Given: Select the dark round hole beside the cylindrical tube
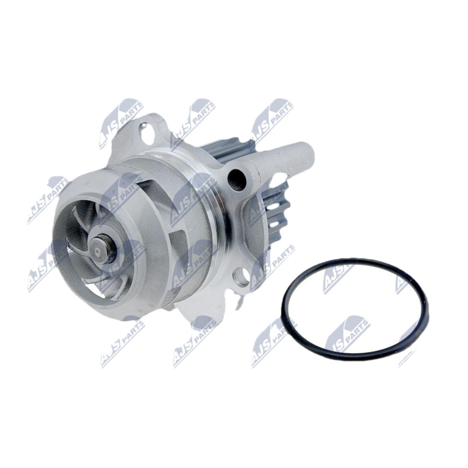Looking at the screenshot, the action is click(237, 179).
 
